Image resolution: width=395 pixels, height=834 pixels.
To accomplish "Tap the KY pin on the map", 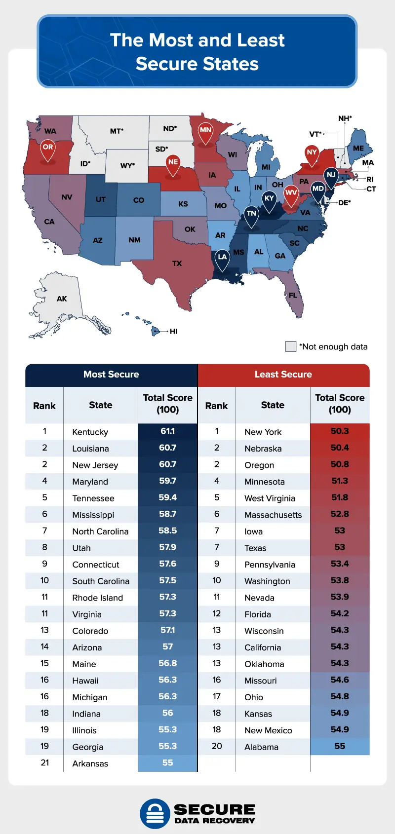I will coord(269,199).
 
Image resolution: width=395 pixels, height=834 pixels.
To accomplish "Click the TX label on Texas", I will coord(177,264).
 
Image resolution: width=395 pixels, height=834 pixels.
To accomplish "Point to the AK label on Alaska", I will coord(62,299).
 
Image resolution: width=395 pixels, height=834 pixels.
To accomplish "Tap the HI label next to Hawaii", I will coord(173,331).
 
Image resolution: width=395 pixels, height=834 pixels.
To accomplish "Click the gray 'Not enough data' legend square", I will coord(291,346).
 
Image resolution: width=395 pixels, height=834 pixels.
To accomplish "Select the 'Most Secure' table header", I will coord(111,375).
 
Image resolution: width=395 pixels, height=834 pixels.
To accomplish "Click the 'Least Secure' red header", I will coord(283,375).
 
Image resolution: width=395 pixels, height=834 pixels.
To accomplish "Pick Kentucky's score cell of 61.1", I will coord(167,431).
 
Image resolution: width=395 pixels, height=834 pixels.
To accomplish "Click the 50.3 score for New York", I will coord(340,431).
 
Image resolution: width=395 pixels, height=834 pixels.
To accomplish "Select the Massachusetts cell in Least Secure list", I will coord(273,515).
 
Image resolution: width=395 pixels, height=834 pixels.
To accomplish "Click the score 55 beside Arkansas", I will coord(167,763).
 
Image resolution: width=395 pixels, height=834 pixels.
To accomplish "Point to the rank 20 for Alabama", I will coord(217,746).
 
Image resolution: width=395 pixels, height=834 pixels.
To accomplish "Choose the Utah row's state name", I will coord(81,548).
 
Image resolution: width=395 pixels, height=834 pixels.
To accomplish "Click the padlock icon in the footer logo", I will coord(155,814).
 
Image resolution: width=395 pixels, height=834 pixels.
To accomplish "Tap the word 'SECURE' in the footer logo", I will coord(214,810).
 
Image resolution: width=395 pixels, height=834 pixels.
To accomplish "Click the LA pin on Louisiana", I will coord(222,258).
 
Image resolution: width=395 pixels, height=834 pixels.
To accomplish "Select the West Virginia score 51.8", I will coord(340,497).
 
